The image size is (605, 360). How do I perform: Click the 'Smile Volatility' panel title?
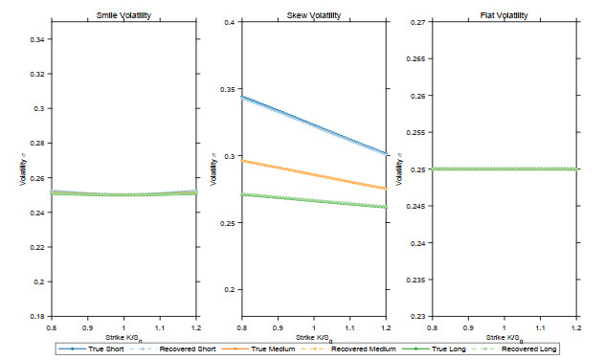click(123, 15)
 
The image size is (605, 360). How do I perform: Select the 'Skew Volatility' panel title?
click(314, 15)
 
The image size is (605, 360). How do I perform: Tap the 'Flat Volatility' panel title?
click(504, 15)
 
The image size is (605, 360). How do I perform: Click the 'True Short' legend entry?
click(92, 349)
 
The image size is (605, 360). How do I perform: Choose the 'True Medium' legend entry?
click(258, 349)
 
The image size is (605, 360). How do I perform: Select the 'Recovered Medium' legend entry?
click(348, 349)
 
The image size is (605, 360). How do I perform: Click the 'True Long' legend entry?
click(434, 349)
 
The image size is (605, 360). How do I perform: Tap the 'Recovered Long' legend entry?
click(513, 349)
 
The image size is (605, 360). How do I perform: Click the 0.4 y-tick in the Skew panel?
click(230, 22)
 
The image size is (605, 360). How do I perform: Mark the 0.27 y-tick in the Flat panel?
click(418, 22)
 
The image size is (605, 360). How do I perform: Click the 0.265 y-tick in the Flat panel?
click(416, 59)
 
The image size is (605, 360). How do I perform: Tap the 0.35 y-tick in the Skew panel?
click(228, 89)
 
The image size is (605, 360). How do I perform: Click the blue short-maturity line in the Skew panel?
click(314, 125)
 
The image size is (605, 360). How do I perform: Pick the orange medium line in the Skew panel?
click(314, 174)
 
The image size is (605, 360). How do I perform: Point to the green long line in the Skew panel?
click(314, 201)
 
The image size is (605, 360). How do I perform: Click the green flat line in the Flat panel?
click(504, 169)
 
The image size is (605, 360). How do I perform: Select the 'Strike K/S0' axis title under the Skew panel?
click(314, 338)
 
